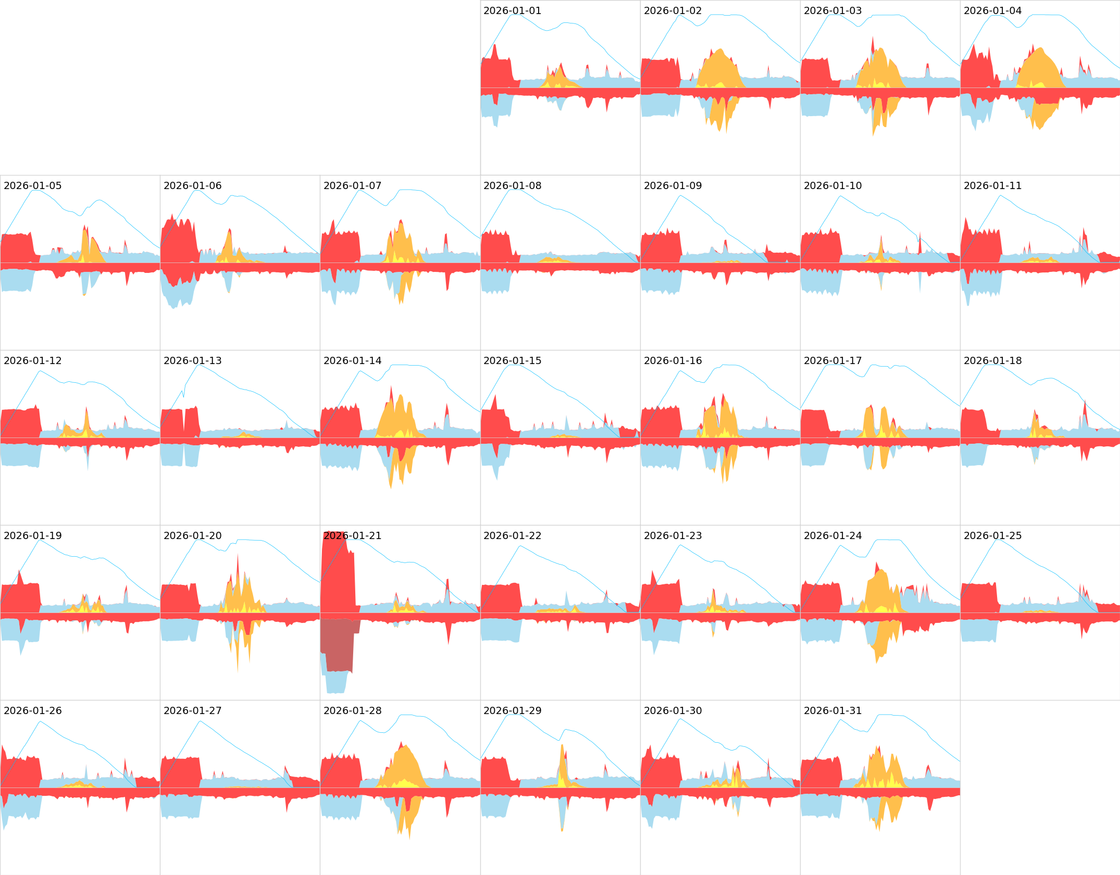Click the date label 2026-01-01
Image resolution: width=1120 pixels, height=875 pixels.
click(512, 11)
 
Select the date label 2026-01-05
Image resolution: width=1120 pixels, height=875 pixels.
click(32, 186)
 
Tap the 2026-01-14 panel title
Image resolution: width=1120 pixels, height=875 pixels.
click(352, 361)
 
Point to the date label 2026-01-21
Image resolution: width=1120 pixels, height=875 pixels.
click(352, 536)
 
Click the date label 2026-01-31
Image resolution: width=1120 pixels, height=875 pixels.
click(832, 711)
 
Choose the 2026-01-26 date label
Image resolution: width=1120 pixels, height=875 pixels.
click(32, 711)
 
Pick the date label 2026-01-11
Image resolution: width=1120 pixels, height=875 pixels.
click(992, 186)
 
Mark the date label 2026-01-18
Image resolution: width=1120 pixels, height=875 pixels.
click(992, 361)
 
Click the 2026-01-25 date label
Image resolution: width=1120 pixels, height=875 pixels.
click(992, 536)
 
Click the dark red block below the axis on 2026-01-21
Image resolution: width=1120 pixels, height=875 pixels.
click(339, 646)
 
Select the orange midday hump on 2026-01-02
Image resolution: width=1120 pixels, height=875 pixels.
click(719, 68)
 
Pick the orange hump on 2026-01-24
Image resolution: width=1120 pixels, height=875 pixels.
click(880, 589)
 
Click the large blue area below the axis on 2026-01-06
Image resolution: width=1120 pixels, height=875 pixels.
click(177, 292)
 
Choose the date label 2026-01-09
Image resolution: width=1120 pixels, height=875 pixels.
click(673, 186)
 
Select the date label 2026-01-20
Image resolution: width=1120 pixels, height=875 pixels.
click(192, 536)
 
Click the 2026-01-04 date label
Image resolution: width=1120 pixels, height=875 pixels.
click(992, 11)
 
